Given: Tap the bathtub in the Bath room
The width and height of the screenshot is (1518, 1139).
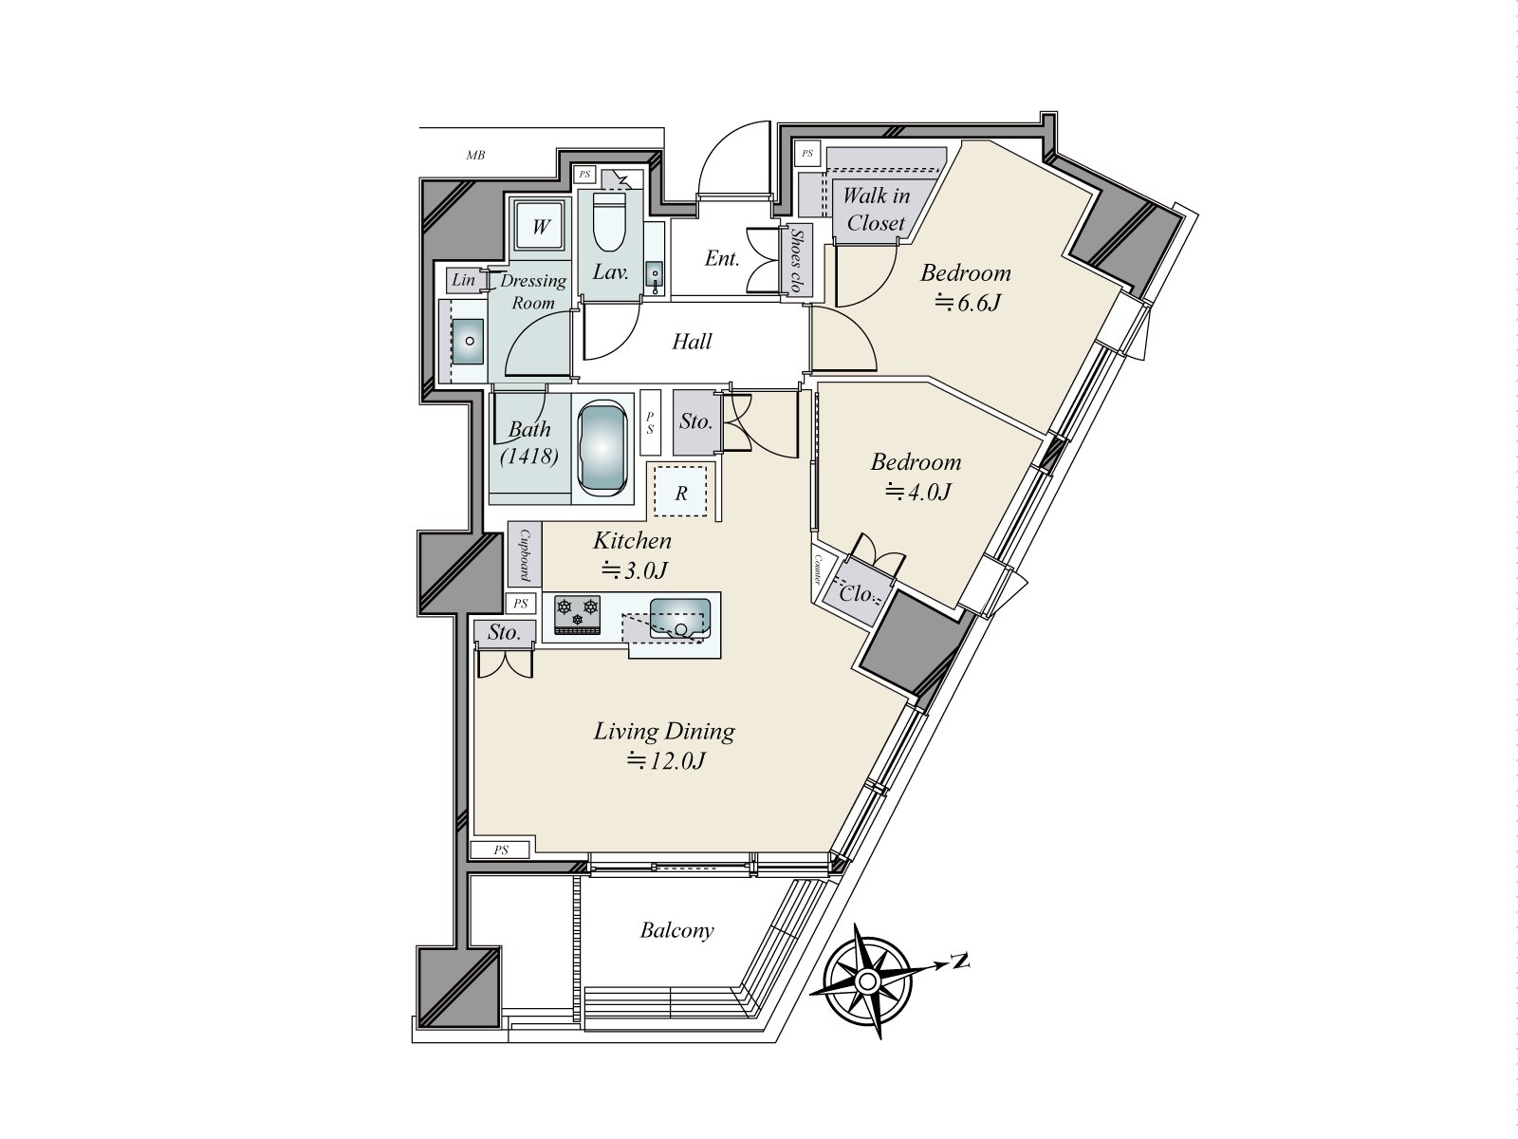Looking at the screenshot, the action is [602, 450].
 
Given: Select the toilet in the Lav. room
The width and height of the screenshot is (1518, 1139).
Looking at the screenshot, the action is [609, 220].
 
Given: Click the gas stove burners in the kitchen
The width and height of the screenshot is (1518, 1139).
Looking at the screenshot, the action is [577, 615].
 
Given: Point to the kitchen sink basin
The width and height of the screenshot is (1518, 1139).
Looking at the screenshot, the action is [680, 619].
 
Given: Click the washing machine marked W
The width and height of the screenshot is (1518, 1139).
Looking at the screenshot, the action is [541, 226].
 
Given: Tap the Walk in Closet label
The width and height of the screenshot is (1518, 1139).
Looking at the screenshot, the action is [876, 210].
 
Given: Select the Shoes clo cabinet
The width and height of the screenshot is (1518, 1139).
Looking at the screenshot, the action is [798, 261].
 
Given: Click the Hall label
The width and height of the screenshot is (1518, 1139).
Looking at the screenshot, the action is [692, 341].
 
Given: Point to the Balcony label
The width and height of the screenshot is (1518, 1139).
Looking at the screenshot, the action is [676, 930].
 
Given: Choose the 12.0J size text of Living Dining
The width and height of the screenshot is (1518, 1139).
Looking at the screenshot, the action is [665, 761].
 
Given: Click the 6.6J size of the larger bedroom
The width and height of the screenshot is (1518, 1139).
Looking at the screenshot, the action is [969, 303].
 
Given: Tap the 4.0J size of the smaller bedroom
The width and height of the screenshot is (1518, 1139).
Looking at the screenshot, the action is [918, 492].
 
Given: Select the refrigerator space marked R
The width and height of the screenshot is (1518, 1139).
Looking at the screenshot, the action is [680, 491].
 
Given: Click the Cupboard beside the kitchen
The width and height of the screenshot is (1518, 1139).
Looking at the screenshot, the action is [525, 554].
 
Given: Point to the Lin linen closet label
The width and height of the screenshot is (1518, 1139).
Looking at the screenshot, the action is [463, 279].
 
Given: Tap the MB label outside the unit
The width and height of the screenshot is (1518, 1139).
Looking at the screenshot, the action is [475, 156].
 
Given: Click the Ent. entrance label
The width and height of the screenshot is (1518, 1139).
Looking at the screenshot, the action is [722, 258].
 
